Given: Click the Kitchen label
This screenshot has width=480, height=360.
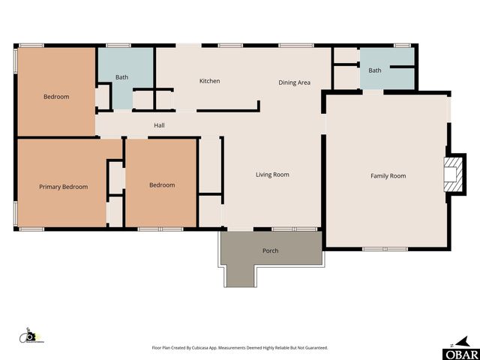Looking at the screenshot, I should pyautogui.click(x=209, y=81).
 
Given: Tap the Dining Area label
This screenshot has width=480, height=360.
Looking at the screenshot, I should pyautogui.click(x=294, y=82).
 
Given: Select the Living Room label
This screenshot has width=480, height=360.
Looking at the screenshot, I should pyautogui.click(x=272, y=175).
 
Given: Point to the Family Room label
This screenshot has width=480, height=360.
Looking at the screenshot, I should pyautogui.click(x=388, y=176).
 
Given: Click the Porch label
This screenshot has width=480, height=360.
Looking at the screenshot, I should pyautogui.click(x=270, y=250).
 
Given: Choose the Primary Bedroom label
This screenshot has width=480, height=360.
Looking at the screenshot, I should pyautogui.click(x=63, y=187).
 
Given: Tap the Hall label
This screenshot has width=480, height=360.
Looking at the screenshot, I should pyautogui.click(x=159, y=125).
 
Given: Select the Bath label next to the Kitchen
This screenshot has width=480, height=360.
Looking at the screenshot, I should pyautogui.click(x=121, y=77).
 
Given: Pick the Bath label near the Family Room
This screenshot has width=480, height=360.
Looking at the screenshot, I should pyautogui.click(x=374, y=70).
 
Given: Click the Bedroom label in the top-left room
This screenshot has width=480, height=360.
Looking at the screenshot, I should pyautogui.click(x=56, y=97).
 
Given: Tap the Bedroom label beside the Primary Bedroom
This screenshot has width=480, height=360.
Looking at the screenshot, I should pyautogui.click(x=161, y=185).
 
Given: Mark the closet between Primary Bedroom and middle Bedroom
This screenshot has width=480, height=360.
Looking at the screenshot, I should pyautogui.click(x=115, y=180).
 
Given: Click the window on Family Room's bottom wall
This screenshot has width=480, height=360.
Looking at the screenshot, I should pyautogui.click(x=385, y=248).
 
